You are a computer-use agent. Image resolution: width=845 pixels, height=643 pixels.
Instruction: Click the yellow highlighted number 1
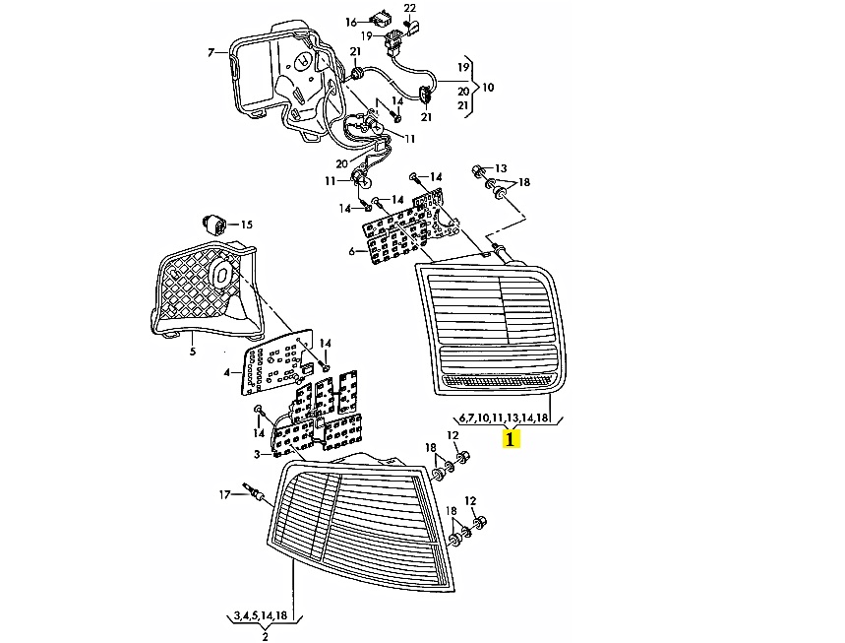510,437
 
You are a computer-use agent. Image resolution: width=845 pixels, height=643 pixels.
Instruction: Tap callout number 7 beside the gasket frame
211,52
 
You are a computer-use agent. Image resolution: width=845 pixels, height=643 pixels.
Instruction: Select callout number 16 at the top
351,22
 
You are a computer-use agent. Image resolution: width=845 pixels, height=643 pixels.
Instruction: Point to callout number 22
409,8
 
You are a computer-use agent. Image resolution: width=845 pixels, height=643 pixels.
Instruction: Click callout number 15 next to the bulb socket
246,224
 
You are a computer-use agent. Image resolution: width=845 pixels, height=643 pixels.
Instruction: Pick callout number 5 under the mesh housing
193,352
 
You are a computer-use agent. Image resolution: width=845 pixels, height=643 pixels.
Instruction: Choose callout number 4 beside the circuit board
227,372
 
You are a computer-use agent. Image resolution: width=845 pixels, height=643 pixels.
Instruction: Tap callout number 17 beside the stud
224,494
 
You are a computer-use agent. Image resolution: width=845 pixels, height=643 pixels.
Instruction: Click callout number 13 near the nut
501,168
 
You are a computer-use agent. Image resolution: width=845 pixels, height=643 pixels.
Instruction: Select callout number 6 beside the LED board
351,251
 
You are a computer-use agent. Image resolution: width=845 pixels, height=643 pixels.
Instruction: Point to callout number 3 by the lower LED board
257,454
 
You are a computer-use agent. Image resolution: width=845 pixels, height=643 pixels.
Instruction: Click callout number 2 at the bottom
265,637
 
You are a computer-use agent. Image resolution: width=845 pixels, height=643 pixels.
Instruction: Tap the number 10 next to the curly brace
488,87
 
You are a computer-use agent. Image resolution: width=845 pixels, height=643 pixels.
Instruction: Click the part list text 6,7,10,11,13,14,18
504,417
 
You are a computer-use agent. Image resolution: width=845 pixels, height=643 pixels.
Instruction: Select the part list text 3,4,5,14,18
261,615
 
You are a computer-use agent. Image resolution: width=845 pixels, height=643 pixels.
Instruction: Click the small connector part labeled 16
378,18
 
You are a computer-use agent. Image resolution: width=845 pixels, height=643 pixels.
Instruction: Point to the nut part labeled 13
477,170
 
